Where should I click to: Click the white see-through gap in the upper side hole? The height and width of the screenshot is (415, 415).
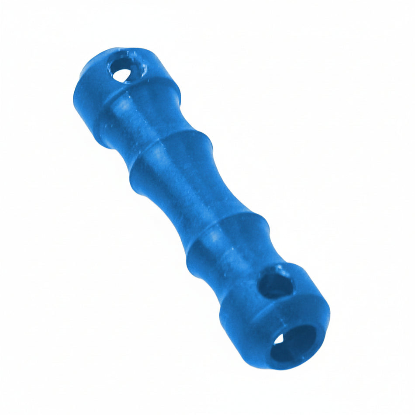(x=121, y=74)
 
